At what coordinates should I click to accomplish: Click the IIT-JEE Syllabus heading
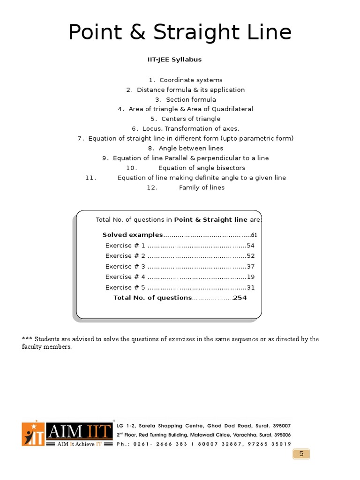(175, 60)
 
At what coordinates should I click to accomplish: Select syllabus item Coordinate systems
(191, 80)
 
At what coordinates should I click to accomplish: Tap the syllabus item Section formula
(191, 99)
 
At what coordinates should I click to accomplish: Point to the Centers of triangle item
(191, 119)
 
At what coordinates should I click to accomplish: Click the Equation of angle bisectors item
(202, 168)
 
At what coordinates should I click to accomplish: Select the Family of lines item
(202, 187)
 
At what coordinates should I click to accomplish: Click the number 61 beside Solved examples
(254, 235)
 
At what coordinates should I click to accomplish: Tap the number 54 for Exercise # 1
(251, 246)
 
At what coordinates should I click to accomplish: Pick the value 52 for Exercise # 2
(251, 256)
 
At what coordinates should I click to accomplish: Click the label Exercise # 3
(125, 266)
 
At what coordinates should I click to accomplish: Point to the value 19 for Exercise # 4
(251, 277)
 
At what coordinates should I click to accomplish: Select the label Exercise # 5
(125, 287)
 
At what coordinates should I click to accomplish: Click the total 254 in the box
(240, 298)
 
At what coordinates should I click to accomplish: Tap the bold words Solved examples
(133, 235)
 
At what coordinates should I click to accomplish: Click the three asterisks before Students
(27, 339)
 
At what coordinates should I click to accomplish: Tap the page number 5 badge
(301, 454)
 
